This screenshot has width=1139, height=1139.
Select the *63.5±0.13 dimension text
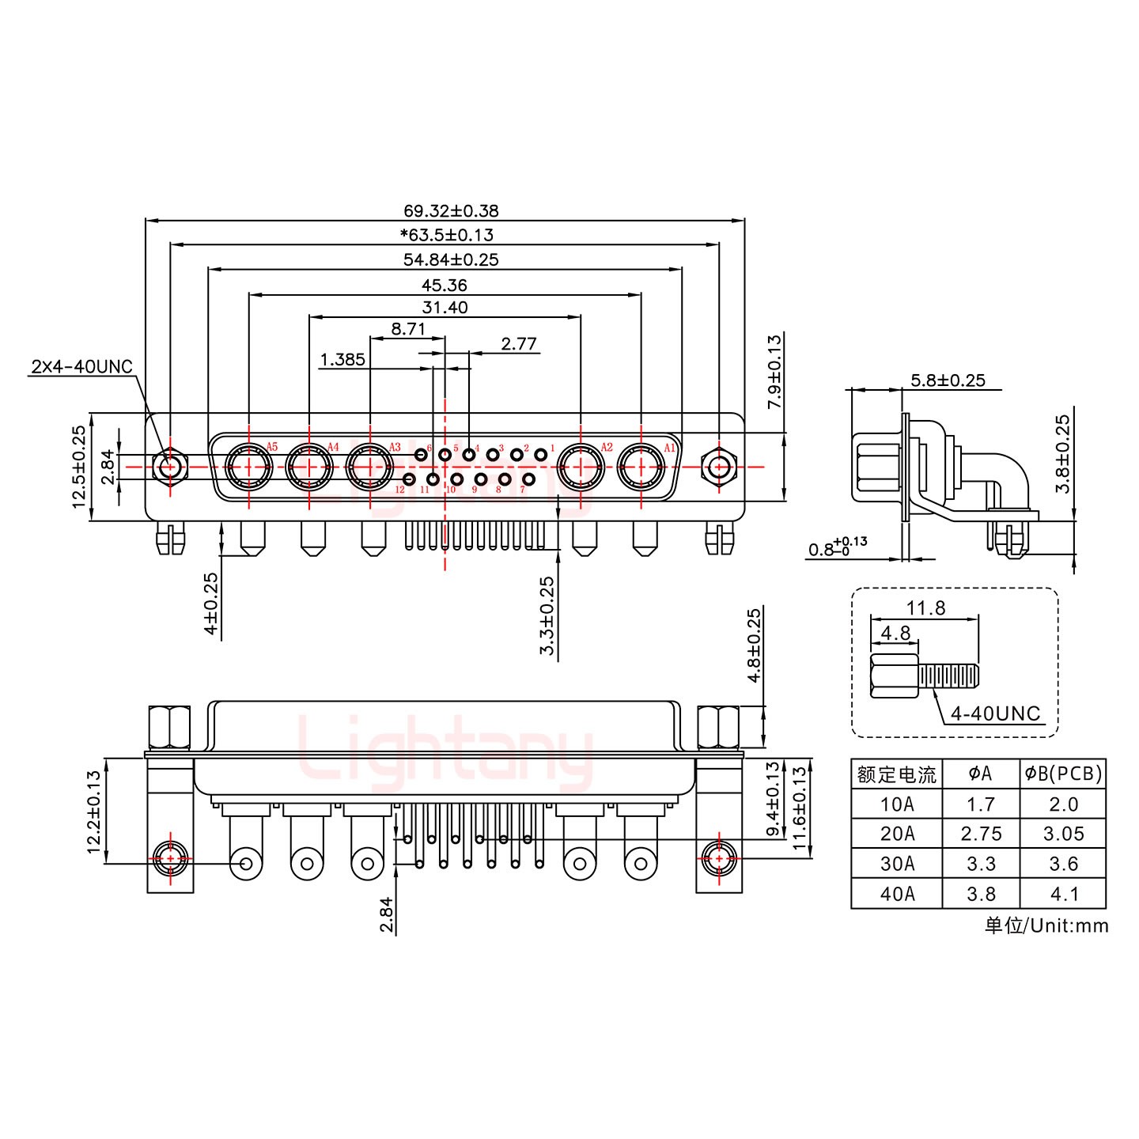click(446, 235)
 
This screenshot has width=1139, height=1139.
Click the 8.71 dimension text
click(408, 329)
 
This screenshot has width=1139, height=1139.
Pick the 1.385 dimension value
click(342, 361)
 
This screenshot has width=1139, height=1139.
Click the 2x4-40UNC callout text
click(81, 367)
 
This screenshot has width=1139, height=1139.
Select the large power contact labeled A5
click(249, 467)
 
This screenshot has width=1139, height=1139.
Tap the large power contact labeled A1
click(640, 467)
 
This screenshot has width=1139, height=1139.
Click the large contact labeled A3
click(369, 467)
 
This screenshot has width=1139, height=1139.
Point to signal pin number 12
click(409, 479)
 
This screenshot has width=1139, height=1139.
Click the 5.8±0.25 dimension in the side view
click(948, 380)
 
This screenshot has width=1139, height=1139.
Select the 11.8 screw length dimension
click(925, 608)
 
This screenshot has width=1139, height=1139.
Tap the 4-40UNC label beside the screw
click(995, 713)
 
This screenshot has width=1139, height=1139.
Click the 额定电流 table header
click(896, 774)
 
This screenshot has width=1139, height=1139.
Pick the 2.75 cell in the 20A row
click(980, 834)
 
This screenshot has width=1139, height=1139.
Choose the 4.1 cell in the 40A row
click(1063, 895)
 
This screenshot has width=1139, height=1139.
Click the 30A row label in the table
click(896, 865)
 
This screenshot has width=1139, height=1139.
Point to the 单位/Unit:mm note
click(1046, 925)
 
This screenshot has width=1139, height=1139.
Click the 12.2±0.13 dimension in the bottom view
click(94, 812)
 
